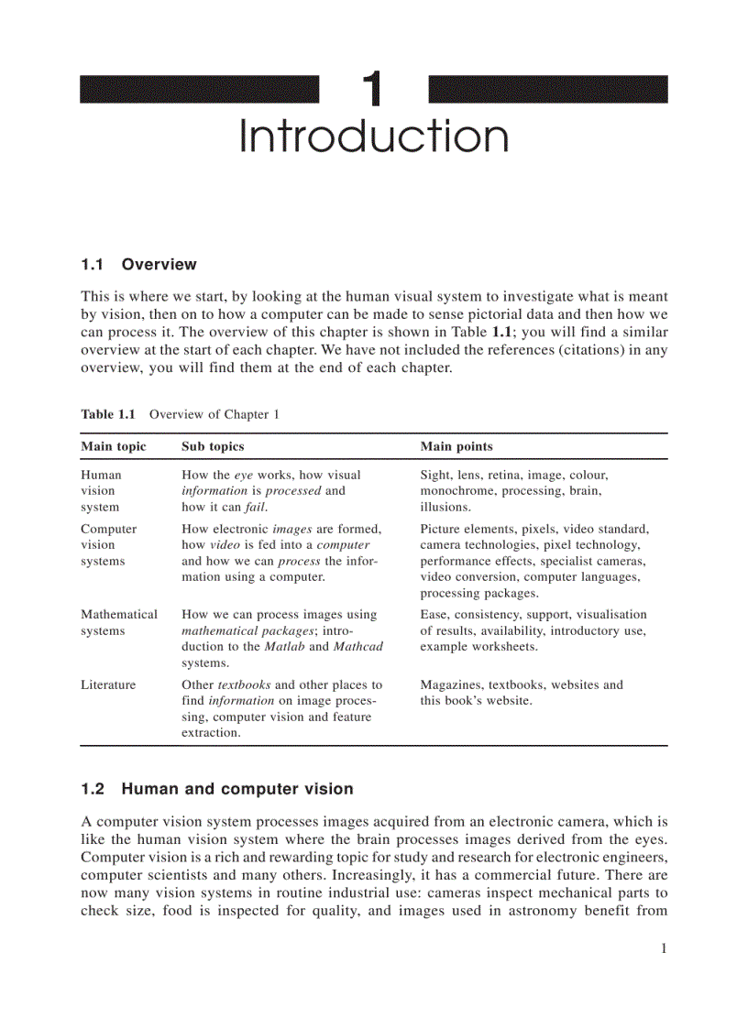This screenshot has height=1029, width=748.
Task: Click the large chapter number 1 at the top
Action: [371, 90]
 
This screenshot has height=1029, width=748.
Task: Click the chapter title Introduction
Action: [373, 137]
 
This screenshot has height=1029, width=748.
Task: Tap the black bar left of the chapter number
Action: [199, 90]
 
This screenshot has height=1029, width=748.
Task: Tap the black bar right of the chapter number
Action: [547, 90]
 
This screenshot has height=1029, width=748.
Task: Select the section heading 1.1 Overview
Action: [138, 265]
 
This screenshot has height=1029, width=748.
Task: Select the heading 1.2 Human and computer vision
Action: [216, 789]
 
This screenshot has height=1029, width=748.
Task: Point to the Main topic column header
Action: [113, 446]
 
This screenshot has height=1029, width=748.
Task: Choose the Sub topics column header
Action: [213, 446]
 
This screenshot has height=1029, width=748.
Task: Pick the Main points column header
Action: [456, 446]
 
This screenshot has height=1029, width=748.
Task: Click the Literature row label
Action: [107, 684]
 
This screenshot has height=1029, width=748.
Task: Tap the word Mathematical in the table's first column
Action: [118, 615]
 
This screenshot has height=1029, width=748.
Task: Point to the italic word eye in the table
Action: [243, 475]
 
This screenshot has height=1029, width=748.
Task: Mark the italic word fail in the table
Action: [256, 508]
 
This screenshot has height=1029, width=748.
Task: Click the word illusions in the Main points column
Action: [445, 508]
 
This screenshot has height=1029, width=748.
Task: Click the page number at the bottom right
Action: [663, 948]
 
